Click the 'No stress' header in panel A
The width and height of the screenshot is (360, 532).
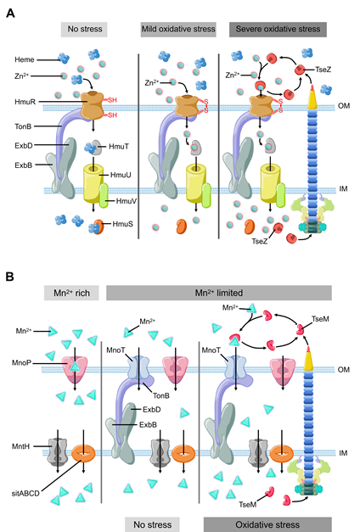pos(84,29)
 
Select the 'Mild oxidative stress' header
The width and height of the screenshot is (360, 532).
pos(178,29)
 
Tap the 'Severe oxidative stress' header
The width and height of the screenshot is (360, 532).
pos(278,29)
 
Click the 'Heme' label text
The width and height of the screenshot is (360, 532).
pos(25,59)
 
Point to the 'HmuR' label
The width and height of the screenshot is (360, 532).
pos(25,102)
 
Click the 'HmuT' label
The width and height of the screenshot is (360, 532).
pos(119,147)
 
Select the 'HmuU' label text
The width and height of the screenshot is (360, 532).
pos(121,175)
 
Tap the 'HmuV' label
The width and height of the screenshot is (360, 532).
pos(126,201)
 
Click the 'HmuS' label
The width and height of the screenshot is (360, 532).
pos(122,224)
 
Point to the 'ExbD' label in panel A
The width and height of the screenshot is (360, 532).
pos(24,146)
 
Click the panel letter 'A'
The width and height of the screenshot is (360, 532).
pos(10,14)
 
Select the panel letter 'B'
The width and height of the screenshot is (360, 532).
pos(10,277)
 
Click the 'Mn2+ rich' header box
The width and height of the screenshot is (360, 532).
pos(71,293)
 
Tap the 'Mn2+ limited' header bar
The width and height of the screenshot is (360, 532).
pos(219,293)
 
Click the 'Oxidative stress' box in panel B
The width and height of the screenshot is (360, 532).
pos(267,524)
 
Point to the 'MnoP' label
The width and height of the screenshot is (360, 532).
pos(21,363)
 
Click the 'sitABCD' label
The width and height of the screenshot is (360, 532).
pos(25,493)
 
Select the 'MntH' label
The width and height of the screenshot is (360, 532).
pos(20,446)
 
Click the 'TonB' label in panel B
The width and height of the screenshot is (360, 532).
pos(161,395)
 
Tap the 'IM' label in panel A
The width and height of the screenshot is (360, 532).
pos(343,189)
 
